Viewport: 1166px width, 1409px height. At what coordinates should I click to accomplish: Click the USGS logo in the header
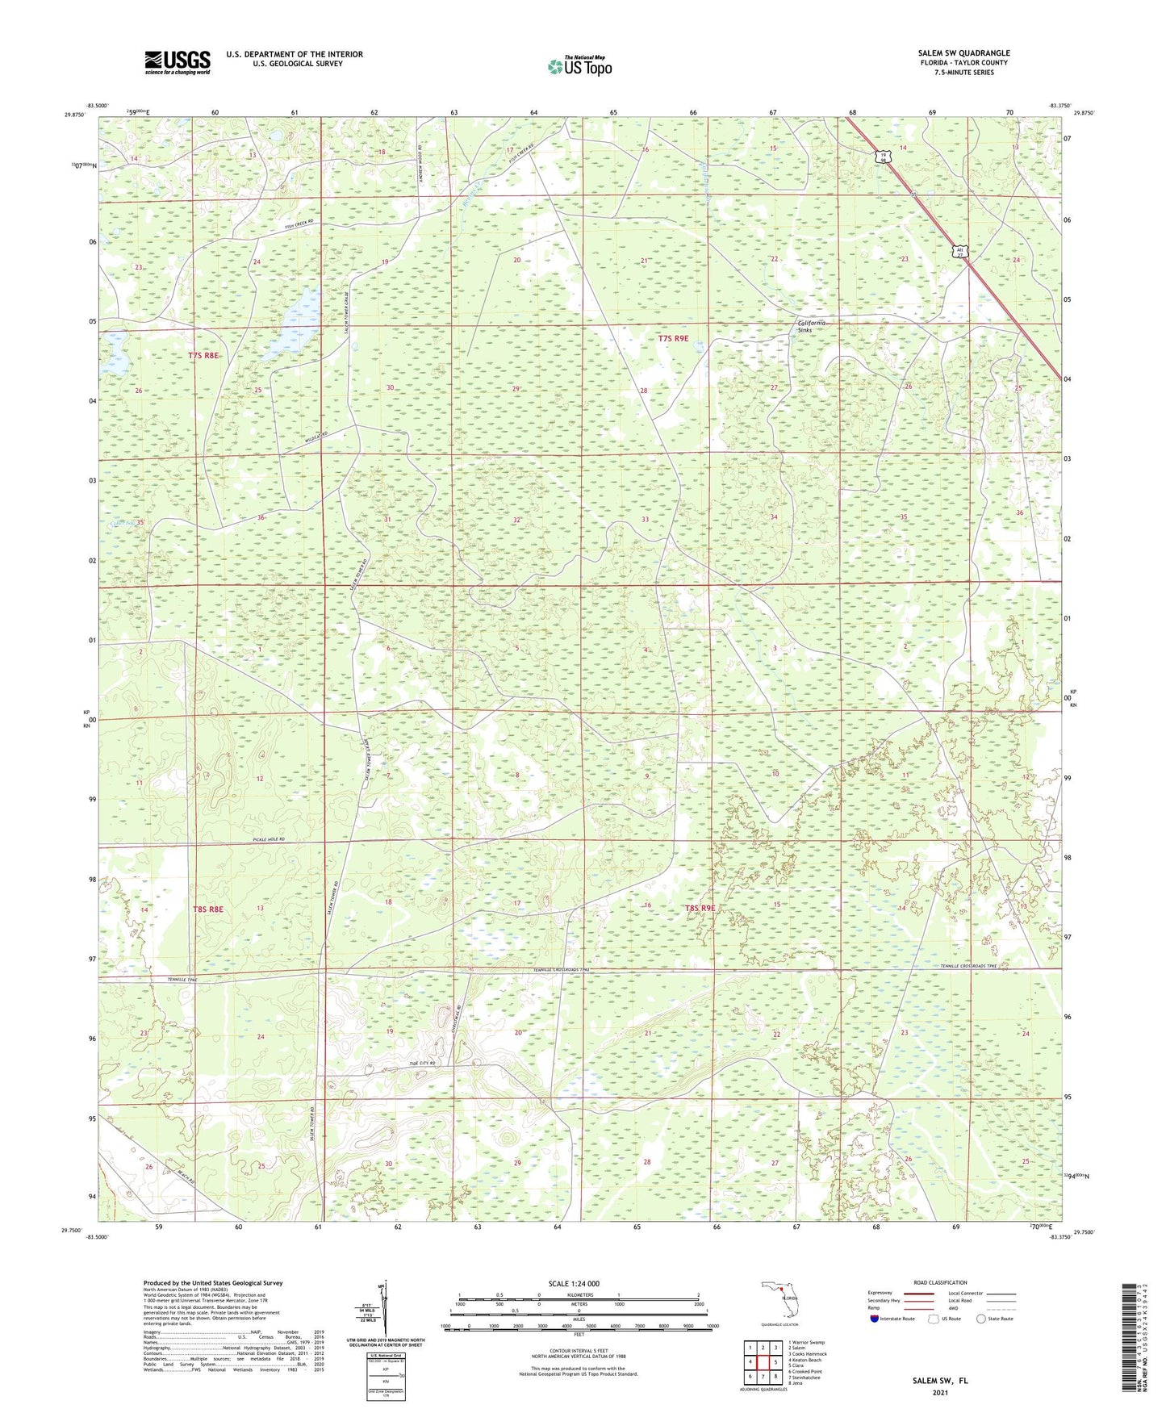click(178, 62)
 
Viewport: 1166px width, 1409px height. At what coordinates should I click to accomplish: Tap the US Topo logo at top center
click(579, 66)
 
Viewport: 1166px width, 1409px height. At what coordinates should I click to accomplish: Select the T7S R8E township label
click(203, 355)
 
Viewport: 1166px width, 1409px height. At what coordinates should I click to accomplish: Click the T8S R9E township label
click(700, 908)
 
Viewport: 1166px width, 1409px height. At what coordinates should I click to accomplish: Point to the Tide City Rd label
click(421, 1064)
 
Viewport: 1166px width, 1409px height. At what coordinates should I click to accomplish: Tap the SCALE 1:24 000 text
click(574, 1283)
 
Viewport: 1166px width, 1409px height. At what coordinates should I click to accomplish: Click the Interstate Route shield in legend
click(875, 1319)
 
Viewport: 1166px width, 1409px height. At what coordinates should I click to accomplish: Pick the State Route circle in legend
click(980, 1319)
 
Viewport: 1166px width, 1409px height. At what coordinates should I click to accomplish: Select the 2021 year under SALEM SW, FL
click(940, 1393)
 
